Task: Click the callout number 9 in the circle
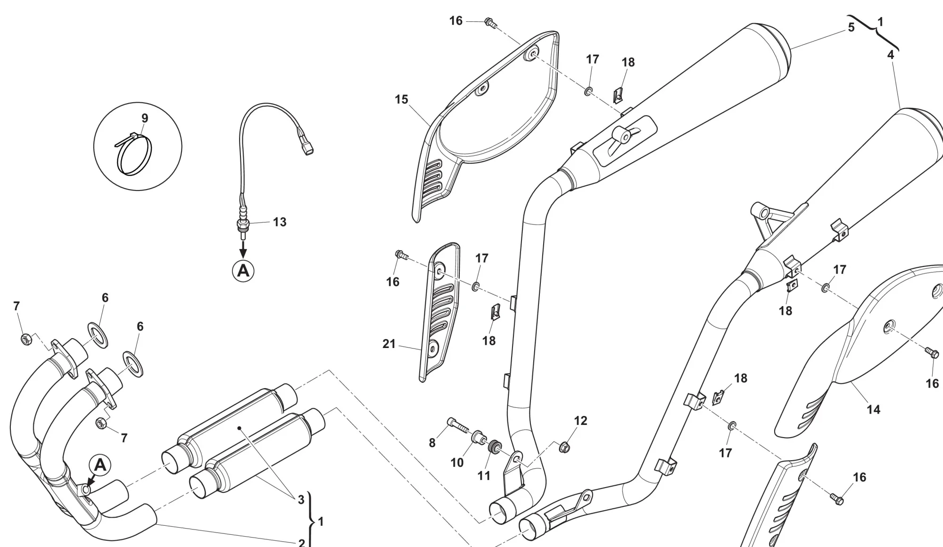pos(145,118)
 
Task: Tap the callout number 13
pos(280,222)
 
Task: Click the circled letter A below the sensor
pos(243,271)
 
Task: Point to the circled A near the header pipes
pos(100,465)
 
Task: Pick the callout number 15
pos(402,99)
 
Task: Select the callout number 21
pos(389,344)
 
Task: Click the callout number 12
pos(580,421)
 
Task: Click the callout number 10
pos(457,463)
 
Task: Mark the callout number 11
pos(484,476)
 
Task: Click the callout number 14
pos(873,409)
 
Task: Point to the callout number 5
pos(851,27)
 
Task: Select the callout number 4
pos(890,55)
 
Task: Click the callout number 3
pos(301,500)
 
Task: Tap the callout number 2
pos(302,542)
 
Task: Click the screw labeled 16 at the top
pos(490,22)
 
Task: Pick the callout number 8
pos(432,443)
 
